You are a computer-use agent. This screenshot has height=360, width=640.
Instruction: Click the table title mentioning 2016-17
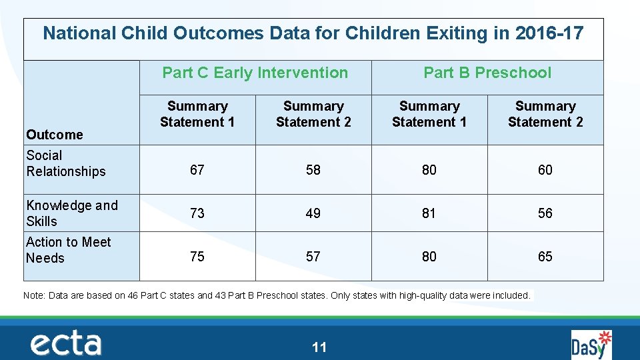313,33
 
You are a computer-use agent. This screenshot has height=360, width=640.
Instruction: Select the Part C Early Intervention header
255,73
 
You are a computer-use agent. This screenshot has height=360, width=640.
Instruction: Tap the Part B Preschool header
487,73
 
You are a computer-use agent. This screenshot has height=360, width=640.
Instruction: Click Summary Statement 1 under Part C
197,114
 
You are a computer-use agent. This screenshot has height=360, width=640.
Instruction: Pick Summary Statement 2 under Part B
545,114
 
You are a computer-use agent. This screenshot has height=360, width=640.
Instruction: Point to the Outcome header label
55,135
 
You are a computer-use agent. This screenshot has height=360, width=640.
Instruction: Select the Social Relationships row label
66,163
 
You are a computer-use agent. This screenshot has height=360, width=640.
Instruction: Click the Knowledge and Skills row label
71,213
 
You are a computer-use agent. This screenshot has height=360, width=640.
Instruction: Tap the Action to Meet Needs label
68,250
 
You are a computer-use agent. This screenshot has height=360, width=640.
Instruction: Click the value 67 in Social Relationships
197,170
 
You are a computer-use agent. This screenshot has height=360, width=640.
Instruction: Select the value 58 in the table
313,170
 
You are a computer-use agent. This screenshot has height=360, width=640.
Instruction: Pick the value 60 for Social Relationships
545,170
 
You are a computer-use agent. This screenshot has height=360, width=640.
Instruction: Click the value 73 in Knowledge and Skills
197,213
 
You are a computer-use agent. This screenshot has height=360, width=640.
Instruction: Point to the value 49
313,213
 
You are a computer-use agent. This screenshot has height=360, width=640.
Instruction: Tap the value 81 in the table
429,213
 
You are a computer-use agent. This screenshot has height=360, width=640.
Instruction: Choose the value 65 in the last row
545,257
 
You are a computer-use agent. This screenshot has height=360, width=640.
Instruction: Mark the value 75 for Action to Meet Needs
197,257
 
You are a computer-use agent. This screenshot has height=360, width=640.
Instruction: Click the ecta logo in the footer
66,344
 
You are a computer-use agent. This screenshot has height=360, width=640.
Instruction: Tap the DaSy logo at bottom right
591,345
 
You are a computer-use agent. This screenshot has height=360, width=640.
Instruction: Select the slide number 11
319,347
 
